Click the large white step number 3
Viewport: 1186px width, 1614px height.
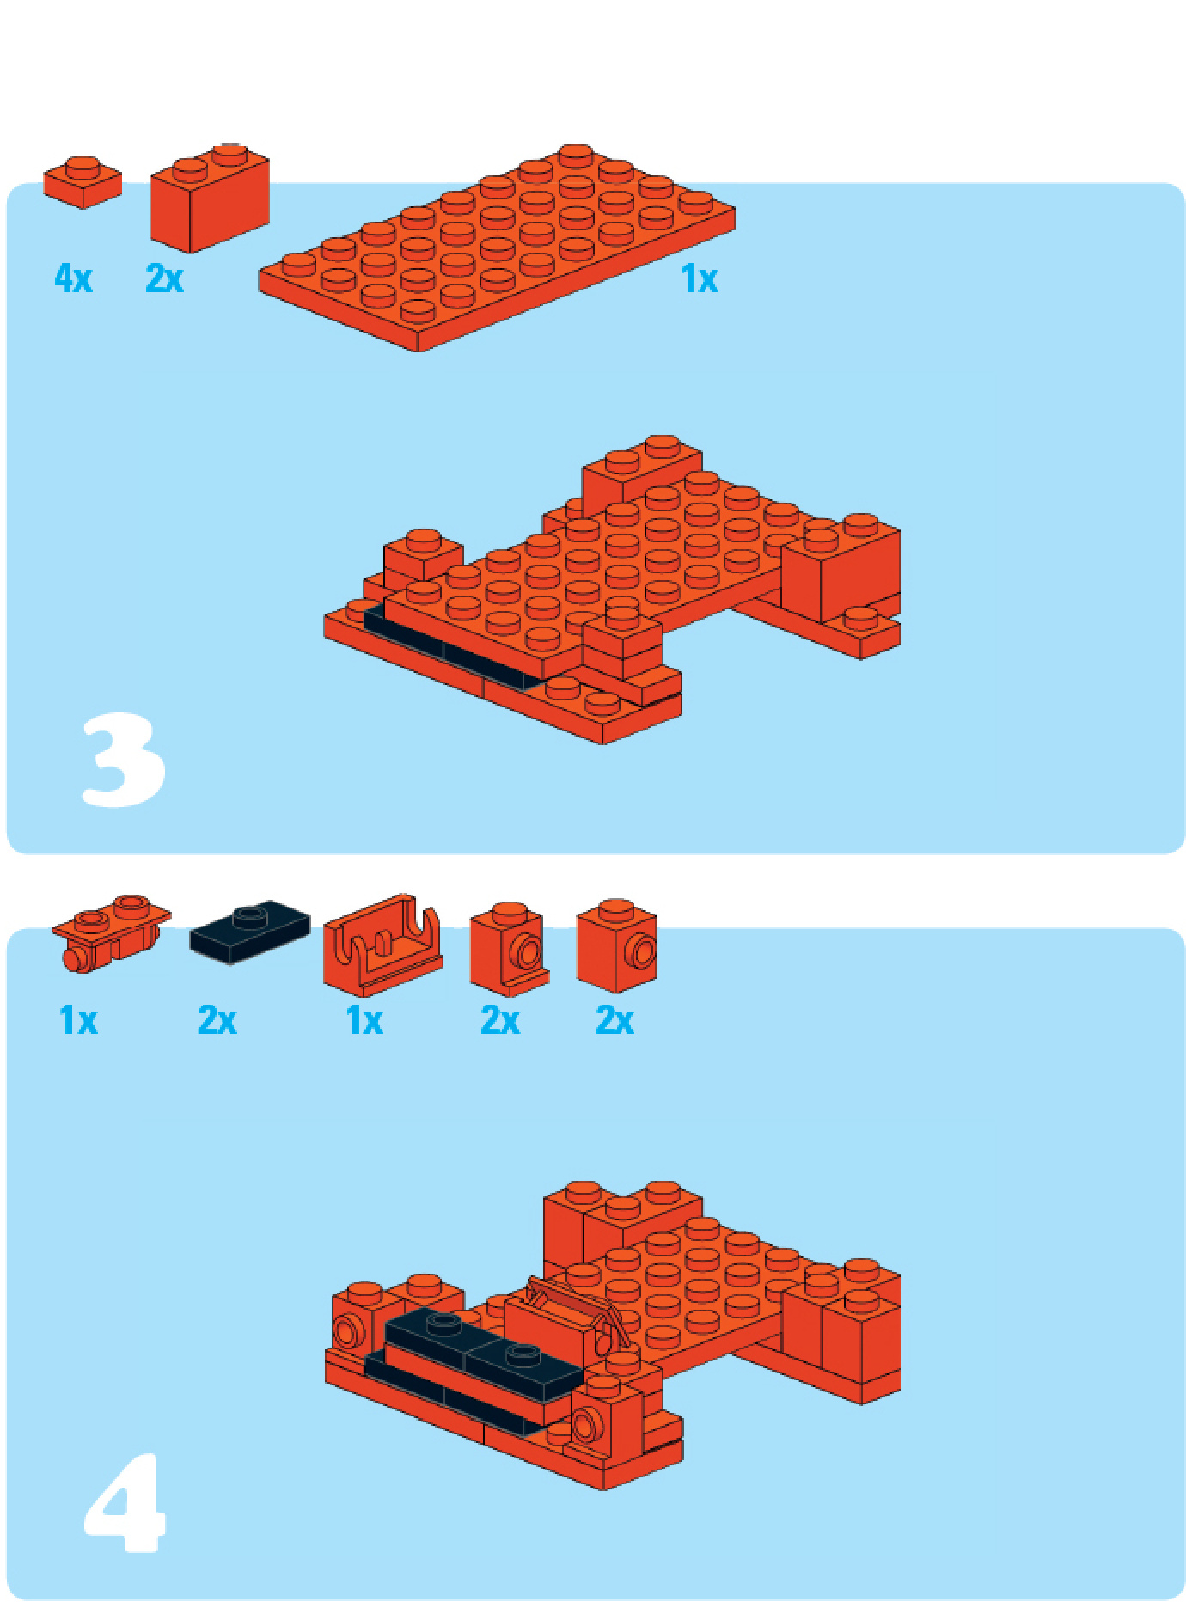coord(123,760)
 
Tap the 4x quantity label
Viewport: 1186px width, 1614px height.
coord(73,278)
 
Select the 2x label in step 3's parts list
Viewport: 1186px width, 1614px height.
coord(164,278)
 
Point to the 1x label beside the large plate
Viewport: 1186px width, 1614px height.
coord(700,279)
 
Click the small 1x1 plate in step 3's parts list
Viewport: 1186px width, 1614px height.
coord(83,181)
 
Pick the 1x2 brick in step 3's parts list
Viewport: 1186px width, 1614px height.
coord(210,198)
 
